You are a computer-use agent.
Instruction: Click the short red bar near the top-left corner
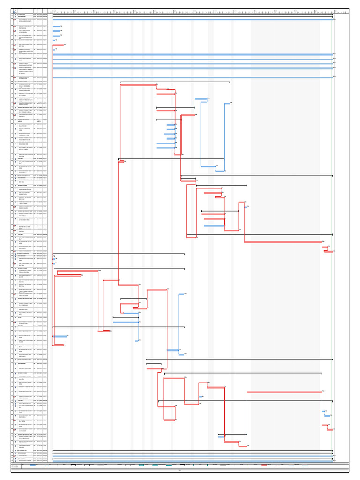click(58, 45)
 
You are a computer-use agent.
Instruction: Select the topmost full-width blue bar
click(193, 19)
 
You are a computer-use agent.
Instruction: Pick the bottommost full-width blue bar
click(193, 461)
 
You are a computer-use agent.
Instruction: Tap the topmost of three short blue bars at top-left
click(56, 27)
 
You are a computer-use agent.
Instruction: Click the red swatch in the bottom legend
click(264, 465)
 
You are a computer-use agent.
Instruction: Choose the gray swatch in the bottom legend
click(223, 465)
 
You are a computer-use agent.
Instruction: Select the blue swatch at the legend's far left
click(33, 465)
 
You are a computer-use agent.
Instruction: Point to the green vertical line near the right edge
click(331, 234)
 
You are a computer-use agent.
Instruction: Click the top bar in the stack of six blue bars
click(171, 124)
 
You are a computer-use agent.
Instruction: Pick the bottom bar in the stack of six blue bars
click(165, 148)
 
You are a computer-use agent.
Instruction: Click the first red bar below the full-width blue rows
click(138, 85)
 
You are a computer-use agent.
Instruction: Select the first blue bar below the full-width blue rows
click(201, 99)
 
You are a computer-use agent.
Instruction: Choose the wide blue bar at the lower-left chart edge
click(60, 336)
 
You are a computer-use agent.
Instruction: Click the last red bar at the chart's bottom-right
click(330, 429)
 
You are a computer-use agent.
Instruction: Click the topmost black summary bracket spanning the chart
click(193, 15)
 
